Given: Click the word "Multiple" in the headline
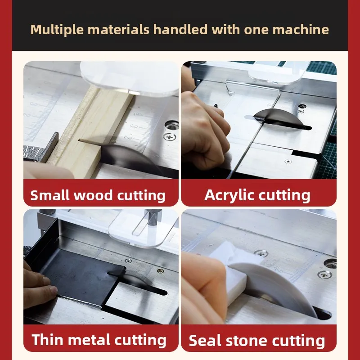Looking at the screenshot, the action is (x=57, y=30).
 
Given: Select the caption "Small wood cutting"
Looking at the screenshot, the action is (x=98, y=195).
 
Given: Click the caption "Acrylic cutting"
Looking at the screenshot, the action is (x=257, y=195).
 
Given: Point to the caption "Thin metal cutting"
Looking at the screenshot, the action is (x=99, y=340).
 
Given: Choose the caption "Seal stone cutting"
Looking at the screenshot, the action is (x=257, y=341).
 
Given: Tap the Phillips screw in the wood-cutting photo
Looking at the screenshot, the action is (x=170, y=137).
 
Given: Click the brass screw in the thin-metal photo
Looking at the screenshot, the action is (x=160, y=271).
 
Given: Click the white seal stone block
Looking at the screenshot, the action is (x=234, y=273).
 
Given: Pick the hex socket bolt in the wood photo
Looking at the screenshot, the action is (x=171, y=125).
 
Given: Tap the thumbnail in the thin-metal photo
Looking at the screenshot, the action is (x=53, y=290).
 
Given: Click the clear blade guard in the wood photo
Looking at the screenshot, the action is (x=129, y=78).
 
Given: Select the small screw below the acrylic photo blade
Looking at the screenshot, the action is (x=288, y=162).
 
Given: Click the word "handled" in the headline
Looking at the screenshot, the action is (x=180, y=30).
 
